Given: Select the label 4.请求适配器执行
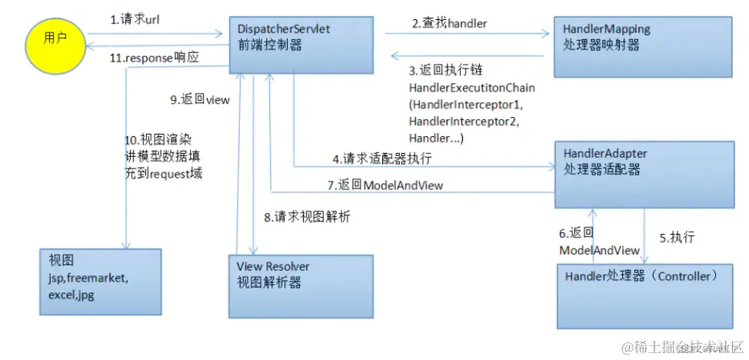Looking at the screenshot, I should click(x=381, y=159).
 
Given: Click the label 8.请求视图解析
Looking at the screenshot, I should click(x=307, y=218).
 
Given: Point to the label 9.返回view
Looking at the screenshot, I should click(x=200, y=99).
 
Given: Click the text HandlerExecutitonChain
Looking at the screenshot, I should click(x=471, y=88).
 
